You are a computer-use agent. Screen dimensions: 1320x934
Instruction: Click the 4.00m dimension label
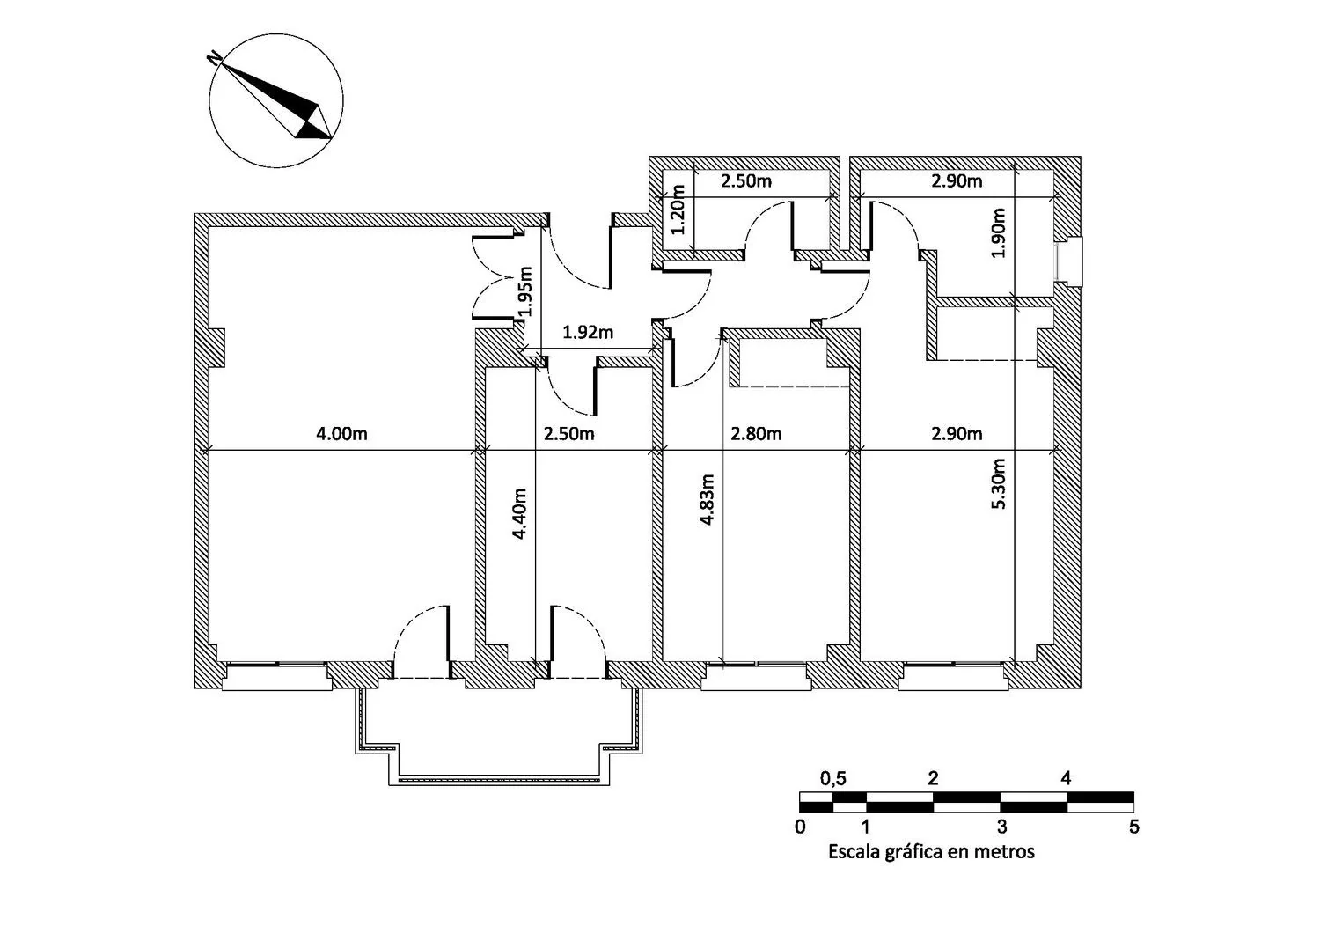[341, 434]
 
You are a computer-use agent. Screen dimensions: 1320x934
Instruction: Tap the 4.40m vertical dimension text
[519, 513]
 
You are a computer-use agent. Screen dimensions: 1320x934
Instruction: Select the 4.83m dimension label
[708, 499]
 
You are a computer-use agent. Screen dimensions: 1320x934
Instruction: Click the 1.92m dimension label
[588, 333]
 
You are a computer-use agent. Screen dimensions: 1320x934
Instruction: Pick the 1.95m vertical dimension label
[525, 291]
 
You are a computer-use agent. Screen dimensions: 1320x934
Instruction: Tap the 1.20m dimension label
[678, 210]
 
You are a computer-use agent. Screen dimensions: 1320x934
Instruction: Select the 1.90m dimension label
[998, 233]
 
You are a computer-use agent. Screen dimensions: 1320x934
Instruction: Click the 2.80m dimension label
[756, 434]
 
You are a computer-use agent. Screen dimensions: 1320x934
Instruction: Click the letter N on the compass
[215, 58]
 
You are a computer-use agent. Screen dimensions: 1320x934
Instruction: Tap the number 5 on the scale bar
[1134, 827]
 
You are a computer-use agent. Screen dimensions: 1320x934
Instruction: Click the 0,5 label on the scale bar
[833, 779]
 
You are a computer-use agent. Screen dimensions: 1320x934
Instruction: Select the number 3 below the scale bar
[1002, 827]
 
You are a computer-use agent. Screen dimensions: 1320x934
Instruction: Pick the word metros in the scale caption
[1008, 852]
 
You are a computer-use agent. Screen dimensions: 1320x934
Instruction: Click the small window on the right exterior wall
[1068, 261]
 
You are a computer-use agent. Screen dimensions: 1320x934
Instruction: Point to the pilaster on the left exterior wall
[216, 348]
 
